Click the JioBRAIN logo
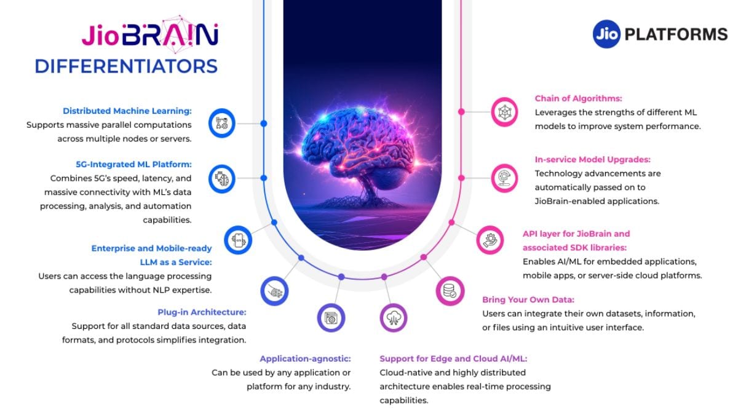pyautogui.click(x=150, y=34)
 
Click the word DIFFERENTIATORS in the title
pyautogui.click(x=126, y=66)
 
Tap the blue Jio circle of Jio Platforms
pyautogui.click(x=606, y=34)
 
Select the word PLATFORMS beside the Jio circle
pyautogui.click(x=676, y=34)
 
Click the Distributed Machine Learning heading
pyautogui.click(x=127, y=111)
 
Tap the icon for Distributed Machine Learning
pyautogui.click(x=222, y=123)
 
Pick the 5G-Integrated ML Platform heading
pyautogui.click(x=133, y=164)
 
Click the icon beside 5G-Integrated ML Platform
pyautogui.click(x=222, y=179)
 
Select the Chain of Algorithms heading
pyautogui.click(x=578, y=98)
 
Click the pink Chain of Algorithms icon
pyautogui.click(x=504, y=112)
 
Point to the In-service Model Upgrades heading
pyautogui.click(x=593, y=159)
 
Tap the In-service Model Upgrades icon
pyautogui.click(x=504, y=178)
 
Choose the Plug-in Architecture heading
pyautogui.click(x=202, y=312)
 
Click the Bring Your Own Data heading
pyautogui.click(x=528, y=300)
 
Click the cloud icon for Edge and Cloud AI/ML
pyautogui.click(x=394, y=318)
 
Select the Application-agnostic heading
pyautogui.click(x=305, y=358)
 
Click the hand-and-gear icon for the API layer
pyautogui.click(x=490, y=240)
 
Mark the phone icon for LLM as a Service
pyautogui.click(x=238, y=240)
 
